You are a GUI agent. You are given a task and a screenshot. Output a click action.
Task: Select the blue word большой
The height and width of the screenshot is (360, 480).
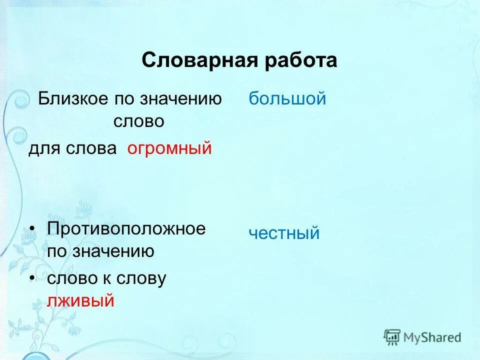coord(287,98)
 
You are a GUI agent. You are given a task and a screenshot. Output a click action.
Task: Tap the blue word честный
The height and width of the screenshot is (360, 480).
coord(284,233)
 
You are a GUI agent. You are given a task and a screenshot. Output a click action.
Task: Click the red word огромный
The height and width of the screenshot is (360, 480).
coord(169,148)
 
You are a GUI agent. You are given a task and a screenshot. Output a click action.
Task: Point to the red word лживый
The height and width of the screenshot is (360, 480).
coord(81,300)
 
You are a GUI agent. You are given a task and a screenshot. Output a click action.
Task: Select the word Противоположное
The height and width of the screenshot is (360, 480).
coord(126,229)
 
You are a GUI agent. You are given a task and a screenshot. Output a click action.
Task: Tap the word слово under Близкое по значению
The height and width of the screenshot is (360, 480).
coord(138,121)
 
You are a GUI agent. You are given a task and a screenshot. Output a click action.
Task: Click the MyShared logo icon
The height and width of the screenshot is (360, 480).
coord(392,337)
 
